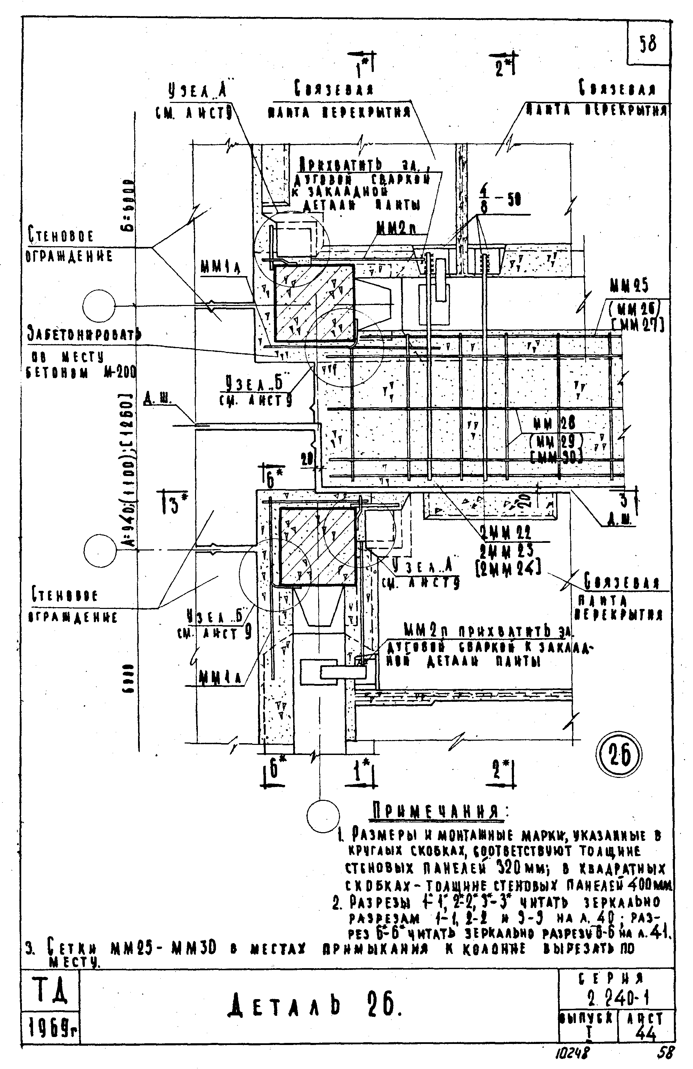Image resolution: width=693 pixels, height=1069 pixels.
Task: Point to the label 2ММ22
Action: (505, 533)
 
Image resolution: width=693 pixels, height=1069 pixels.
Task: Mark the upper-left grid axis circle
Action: (99, 306)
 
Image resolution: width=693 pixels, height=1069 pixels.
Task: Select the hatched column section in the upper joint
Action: (314, 302)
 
